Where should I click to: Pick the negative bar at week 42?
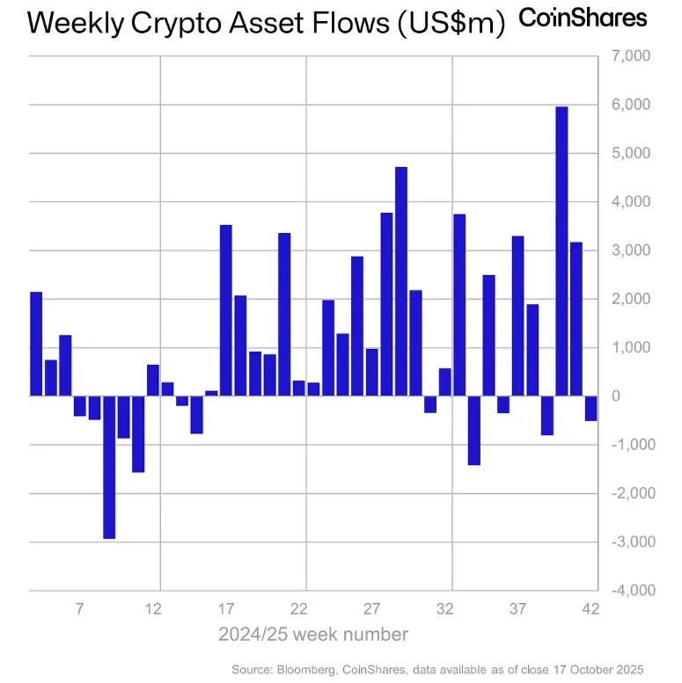click(590, 408)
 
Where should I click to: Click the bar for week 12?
click(153, 380)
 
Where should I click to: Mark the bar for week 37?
click(517, 316)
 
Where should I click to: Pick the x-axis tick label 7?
click(80, 608)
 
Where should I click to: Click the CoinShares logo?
click(583, 18)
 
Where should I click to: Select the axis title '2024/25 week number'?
click(312, 635)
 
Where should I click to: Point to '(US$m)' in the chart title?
click(452, 25)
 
